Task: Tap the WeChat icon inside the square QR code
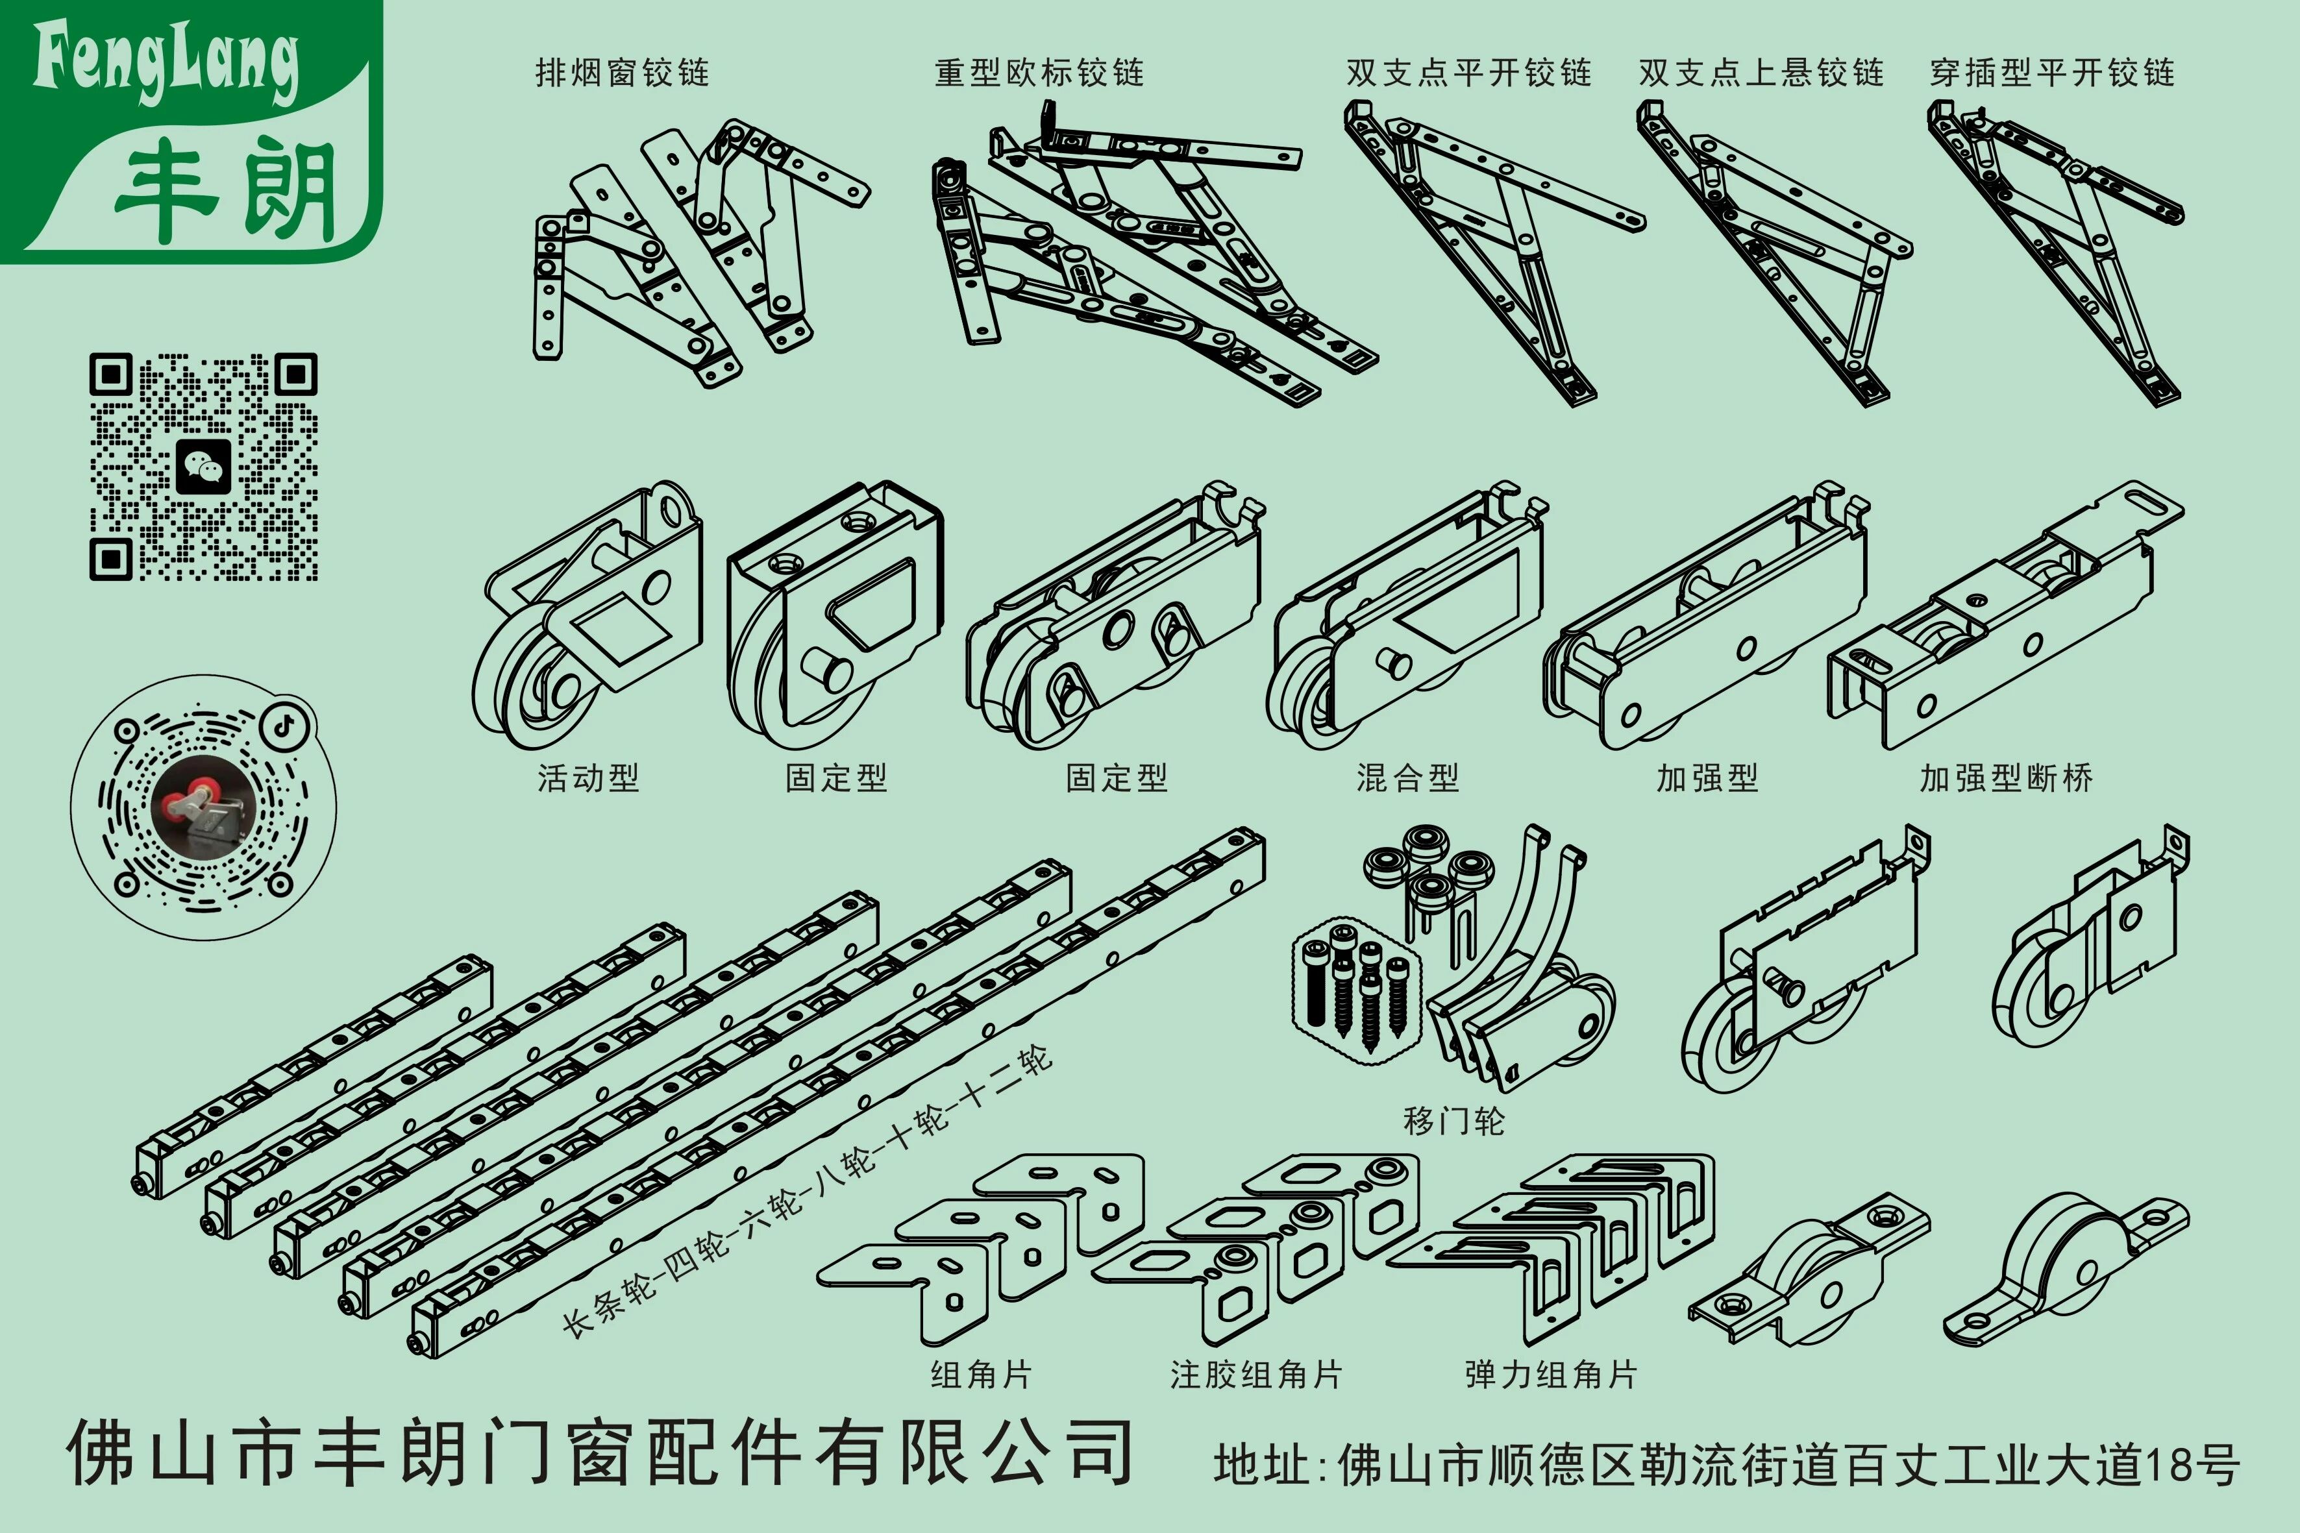point(203,467)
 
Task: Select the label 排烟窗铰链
point(622,72)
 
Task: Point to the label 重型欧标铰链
point(1039,72)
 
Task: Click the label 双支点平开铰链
point(1469,72)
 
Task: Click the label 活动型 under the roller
point(587,778)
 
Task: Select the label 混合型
point(1407,778)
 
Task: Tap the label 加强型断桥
point(2006,778)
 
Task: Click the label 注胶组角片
point(1257,1375)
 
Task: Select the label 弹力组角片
point(1551,1375)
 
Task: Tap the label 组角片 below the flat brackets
point(981,1375)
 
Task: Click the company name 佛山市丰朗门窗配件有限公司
point(599,1453)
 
